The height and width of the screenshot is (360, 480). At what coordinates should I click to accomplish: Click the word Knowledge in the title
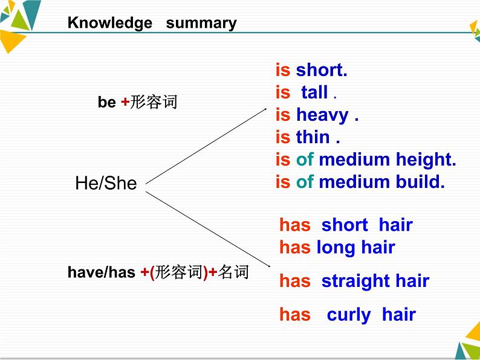pos(110,23)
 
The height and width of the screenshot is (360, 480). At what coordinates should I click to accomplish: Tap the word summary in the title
pos(201,24)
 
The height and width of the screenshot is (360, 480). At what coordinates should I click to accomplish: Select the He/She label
pos(106,183)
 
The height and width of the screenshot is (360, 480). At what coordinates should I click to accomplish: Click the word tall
pos(314,92)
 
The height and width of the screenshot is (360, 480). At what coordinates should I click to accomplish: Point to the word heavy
pos(322,115)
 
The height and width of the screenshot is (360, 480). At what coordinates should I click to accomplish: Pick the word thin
pos(313,137)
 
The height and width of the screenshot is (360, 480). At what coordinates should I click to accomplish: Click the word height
pos(426,160)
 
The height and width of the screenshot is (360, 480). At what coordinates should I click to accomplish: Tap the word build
pos(420,182)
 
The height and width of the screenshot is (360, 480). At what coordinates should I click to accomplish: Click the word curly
pos(349,315)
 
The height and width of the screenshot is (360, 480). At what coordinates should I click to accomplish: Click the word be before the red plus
pos(107,102)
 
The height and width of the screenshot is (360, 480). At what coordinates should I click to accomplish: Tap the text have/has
pos(102,272)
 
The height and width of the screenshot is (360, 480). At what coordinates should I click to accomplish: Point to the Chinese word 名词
pos(233,272)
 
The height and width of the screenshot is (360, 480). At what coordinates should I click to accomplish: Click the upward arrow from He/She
pos(206,146)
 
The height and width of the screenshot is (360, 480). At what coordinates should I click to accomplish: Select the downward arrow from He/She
pos(208,230)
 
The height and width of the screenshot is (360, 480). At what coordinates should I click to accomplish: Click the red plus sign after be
pos(125,102)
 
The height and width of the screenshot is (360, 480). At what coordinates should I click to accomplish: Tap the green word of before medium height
pos(305,159)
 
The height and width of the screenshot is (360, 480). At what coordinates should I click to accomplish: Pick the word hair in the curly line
pos(399,315)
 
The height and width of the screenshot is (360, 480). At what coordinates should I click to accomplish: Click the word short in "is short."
pos(322,70)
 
